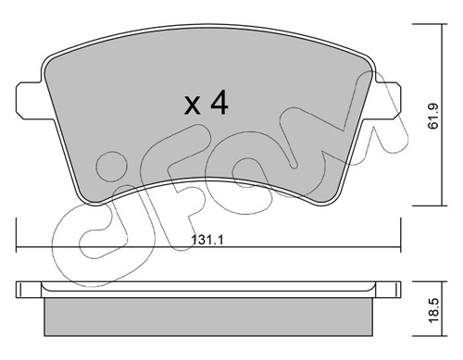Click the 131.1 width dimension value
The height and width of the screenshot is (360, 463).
[207, 240]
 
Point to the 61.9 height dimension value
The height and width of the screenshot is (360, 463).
[433, 117]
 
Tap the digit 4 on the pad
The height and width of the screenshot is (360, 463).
[219, 104]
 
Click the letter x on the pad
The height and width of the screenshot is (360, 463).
[192, 106]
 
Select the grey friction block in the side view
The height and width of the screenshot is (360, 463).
[207, 317]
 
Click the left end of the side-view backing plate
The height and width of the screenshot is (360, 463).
[16, 290]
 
